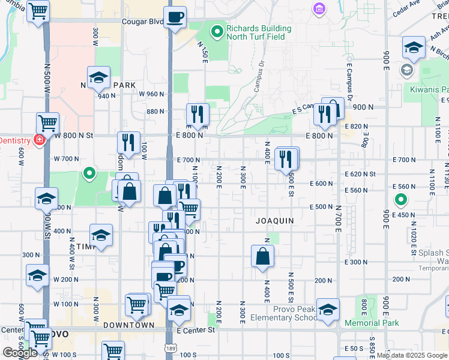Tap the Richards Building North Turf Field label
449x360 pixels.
(259, 32)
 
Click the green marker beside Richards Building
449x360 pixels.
(217, 28)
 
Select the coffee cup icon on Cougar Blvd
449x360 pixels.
(175, 17)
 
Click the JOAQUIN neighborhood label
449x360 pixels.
(275, 221)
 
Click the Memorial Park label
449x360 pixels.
(372, 323)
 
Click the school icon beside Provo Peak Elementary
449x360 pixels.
(328, 310)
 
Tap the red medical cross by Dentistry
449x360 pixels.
(40, 140)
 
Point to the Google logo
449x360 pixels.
(19, 353)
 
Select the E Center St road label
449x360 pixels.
(196, 330)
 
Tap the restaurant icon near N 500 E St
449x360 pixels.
(286, 159)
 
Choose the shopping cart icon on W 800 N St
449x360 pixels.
(47, 123)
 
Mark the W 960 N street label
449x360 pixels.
(151, 94)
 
